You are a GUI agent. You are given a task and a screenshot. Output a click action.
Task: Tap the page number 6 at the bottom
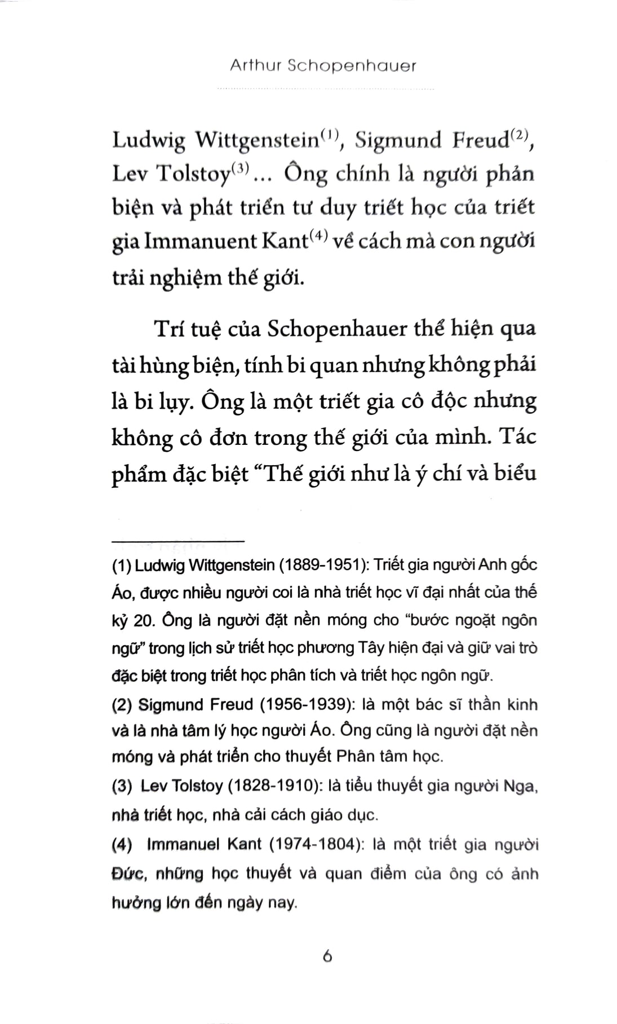327,956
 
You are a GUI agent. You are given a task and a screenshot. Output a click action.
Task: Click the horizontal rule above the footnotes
177,544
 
